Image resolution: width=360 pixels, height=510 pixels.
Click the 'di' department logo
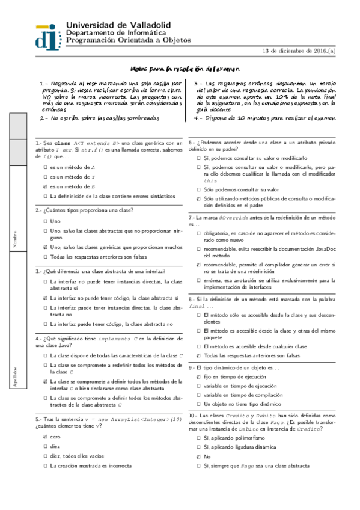point(47,35)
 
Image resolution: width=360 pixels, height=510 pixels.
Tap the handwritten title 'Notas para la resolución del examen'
point(185,69)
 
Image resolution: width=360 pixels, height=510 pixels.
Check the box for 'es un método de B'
point(45,187)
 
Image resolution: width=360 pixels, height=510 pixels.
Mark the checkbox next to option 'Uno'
point(45,221)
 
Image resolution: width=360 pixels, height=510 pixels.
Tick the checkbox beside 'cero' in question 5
point(45,437)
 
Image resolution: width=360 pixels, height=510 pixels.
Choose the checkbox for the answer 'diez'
point(45,446)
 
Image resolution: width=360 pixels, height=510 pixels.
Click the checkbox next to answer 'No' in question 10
point(198,457)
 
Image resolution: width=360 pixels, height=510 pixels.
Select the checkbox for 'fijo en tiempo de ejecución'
point(198,376)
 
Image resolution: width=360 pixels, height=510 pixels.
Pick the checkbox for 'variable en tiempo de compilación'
point(198,395)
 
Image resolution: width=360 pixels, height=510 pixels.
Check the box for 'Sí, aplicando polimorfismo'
point(198,439)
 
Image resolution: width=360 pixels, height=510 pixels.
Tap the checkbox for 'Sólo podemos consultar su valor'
point(198,188)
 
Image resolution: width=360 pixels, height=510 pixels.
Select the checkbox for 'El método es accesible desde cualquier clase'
point(198,346)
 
